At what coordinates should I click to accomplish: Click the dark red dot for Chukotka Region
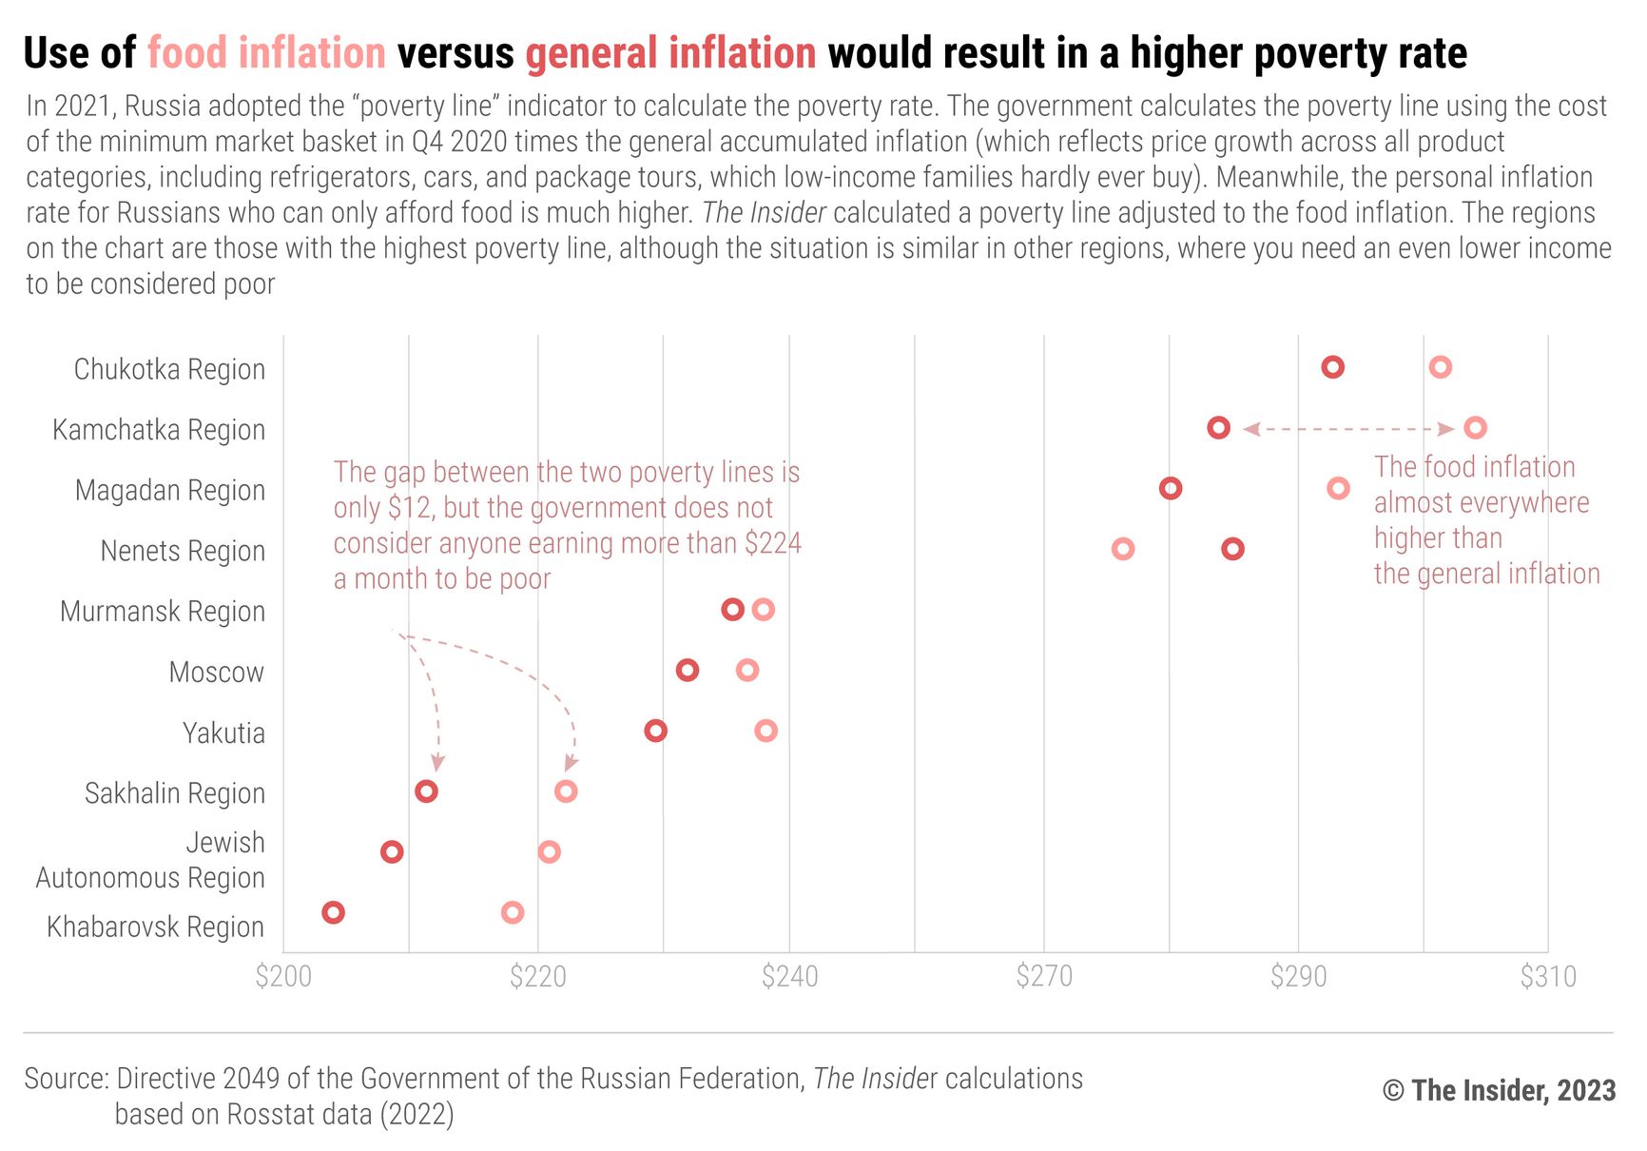coord(1332,367)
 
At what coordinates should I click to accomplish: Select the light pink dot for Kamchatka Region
coord(1475,428)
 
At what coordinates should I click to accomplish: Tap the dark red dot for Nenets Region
coord(1232,549)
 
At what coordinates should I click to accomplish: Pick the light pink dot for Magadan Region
coord(1338,488)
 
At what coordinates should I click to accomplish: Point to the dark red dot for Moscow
coord(688,671)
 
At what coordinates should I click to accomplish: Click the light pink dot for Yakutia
coord(765,731)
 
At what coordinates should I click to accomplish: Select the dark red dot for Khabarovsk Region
coord(333,912)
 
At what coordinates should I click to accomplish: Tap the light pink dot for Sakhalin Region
coord(566,791)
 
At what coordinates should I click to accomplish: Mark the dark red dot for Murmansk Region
coord(732,610)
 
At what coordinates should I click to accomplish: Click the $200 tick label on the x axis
coord(283,977)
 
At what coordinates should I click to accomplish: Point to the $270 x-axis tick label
coord(1044,977)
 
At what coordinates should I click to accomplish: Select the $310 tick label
coord(1547,977)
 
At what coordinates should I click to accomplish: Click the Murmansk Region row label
coord(163,611)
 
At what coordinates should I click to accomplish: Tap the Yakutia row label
coord(223,732)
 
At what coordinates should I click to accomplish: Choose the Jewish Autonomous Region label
coord(150,860)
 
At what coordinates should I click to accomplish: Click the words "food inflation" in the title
coord(266,53)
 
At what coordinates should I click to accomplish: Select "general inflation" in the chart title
coord(670,53)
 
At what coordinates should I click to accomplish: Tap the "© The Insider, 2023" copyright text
coord(1499,1090)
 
